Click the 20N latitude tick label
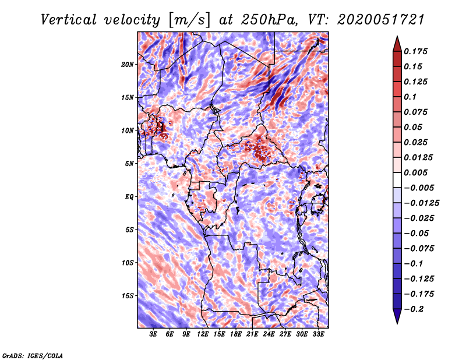tap(128, 64)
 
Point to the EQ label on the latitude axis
tap(129, 197)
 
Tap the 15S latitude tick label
tap(128, 296)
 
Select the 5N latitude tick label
tap(130, 164)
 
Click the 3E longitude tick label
tap(154, 334)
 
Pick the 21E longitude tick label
tap(253, 334)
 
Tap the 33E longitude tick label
tap(319, 334)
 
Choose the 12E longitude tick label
tap(203, 334)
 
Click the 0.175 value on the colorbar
tap(417, 51)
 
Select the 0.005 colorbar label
tap(417, 172)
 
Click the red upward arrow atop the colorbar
tap(396, 43)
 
